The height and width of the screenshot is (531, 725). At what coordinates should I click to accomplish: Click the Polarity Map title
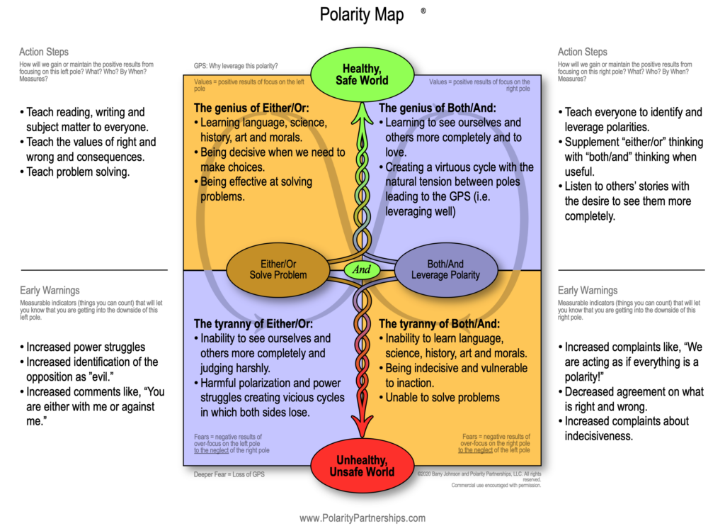362,15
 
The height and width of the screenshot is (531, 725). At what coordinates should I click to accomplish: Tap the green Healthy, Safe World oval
362,74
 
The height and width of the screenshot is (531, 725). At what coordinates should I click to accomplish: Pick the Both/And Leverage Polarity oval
445,269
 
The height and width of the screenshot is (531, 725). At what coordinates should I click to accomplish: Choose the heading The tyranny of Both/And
438,324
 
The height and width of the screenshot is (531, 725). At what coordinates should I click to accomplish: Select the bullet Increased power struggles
85,347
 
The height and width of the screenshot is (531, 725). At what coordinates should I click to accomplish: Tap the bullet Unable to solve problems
443,398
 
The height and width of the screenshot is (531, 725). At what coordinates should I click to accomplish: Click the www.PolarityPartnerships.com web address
362,518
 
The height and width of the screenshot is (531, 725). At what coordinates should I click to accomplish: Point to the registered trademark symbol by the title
423,11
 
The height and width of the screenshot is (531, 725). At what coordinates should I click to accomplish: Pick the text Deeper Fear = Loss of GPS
229,474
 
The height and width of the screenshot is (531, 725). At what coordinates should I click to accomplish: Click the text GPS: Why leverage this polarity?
236,66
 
